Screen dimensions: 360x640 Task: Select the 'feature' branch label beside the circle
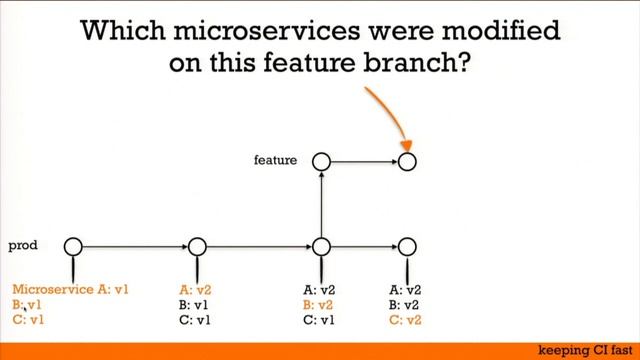coord(275,159)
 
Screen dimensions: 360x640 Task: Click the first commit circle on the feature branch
coord(321,160)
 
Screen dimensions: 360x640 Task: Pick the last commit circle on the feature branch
coord(406,160)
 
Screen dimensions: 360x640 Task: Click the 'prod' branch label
coord(22,244)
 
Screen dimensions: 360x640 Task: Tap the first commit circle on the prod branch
coord(72,246)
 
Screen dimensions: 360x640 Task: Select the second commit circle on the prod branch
coord(197,246)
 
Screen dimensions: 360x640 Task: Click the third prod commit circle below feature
coord(321,246)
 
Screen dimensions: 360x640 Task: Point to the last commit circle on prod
coord(406,246)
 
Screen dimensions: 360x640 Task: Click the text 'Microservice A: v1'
coord(71,290)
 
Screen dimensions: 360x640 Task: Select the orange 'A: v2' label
coord(196,290)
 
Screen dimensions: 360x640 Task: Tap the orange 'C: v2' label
coord(405,320)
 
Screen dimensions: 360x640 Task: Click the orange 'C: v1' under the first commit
coord(27,320)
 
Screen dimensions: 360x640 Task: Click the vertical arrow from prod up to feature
coord(321,204)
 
